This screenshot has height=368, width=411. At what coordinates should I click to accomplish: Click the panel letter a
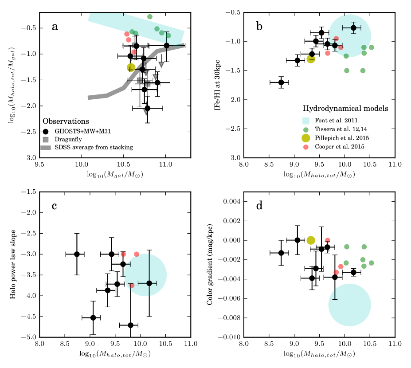click(55, 26)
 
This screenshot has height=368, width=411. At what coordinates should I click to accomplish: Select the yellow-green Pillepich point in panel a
click(131, 67)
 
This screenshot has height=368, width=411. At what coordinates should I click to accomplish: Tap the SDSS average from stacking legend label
click(94, 147)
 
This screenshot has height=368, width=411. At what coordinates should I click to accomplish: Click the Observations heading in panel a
click(66, 121)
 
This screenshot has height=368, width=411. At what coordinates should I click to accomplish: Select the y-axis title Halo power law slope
click(13, 265)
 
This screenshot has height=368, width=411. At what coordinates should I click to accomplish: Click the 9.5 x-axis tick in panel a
click(40, 164)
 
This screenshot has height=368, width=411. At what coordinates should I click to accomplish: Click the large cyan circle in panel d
click(349, 305)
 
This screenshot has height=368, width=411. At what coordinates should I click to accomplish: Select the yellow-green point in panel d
click(311, 240)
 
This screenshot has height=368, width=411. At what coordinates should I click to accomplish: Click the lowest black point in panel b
click(281, 82)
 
